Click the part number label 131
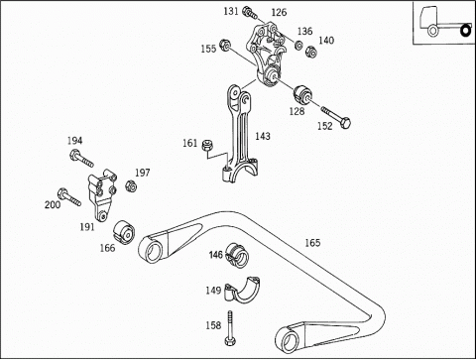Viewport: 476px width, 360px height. click(x=231, y=11)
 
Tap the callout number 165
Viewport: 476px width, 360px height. click(x=312, y=243)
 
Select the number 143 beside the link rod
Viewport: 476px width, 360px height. click(x=263, y=136)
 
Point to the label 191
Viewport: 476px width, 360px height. click(x=87, y=227)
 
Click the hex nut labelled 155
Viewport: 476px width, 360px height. click(x=225, y=45)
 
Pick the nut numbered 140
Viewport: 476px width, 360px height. click(x=311, y=52)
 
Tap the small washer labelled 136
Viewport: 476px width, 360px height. click(x=298, y=45)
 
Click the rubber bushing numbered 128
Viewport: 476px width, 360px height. click(x=302, y=94)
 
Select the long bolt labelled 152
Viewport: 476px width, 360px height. click(x=335, y=118)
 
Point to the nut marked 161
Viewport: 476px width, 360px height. click(x=207, y=145)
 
